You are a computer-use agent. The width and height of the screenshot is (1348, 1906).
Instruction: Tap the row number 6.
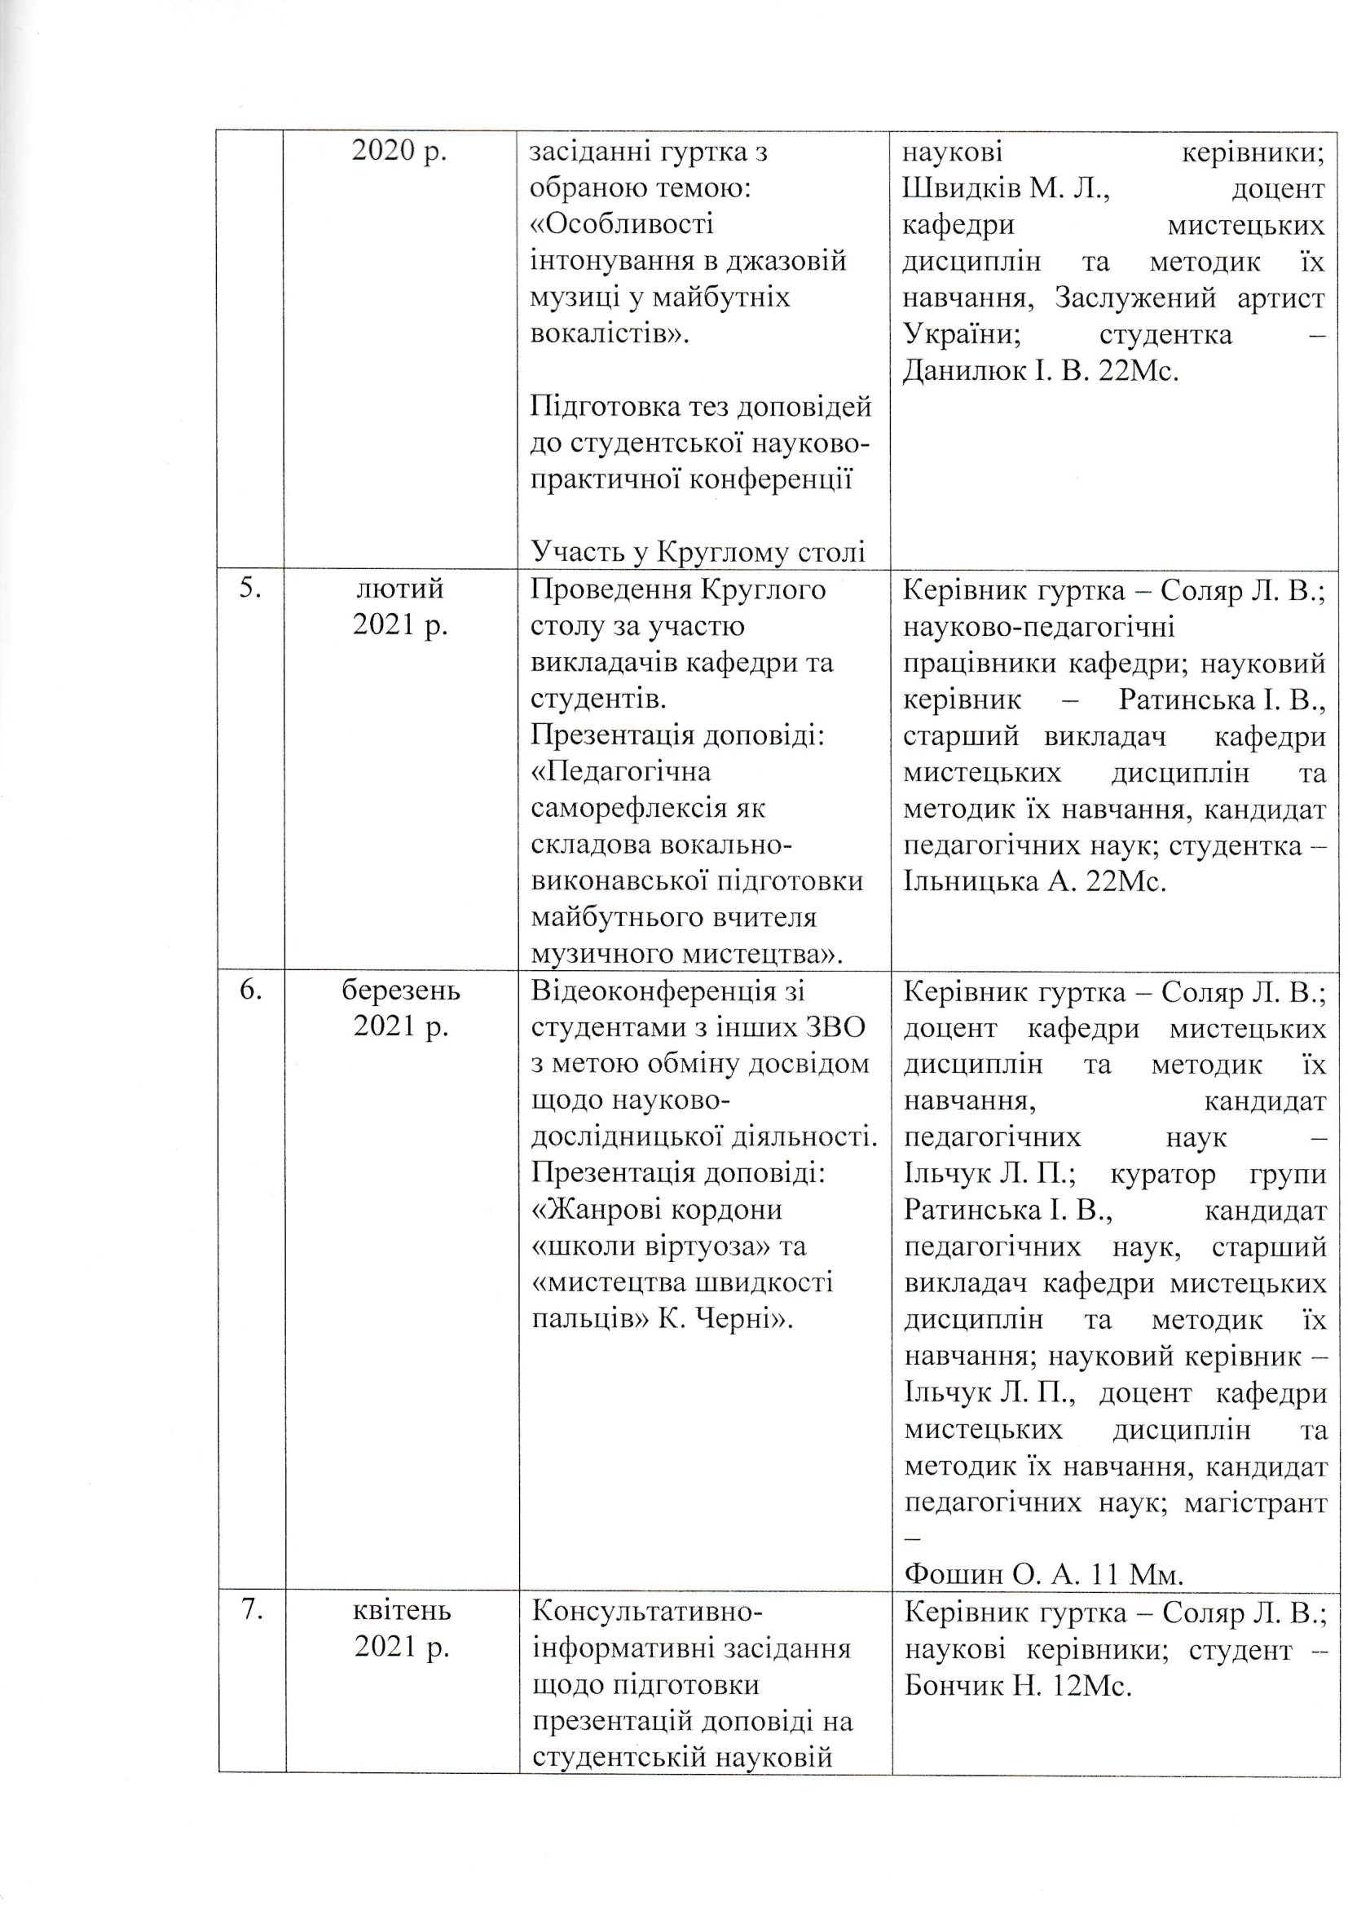[249, 991]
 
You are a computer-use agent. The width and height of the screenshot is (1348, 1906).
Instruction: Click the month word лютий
[400, 589]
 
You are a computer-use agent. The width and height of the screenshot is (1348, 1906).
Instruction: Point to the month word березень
[401, 991]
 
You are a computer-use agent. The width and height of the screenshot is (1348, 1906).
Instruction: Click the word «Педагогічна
[621, 772]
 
